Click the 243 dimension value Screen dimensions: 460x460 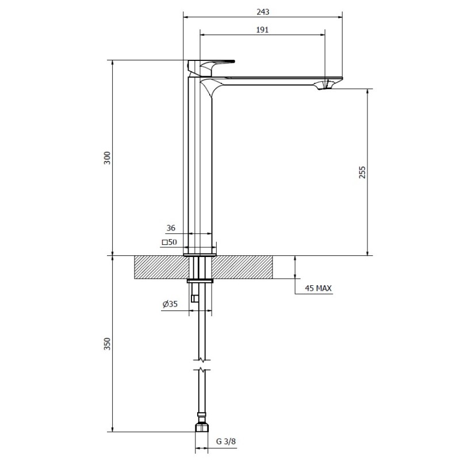[x=263, y=11]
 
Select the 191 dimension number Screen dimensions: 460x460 [x=262, y=30]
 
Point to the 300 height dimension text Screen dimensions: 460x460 [x=108, y=158]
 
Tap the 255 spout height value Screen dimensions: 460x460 [x=362, y=172]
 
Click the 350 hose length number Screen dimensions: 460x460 [x=108, y=343]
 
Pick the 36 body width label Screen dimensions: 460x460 [x=171, y=228]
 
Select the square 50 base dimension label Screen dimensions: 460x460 [x=169, y=242]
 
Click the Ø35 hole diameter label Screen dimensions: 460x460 [x=170, y=304]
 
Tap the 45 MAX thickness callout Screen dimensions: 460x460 [x=318, y=288]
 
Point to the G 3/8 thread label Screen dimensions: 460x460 [x=226, y=441]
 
